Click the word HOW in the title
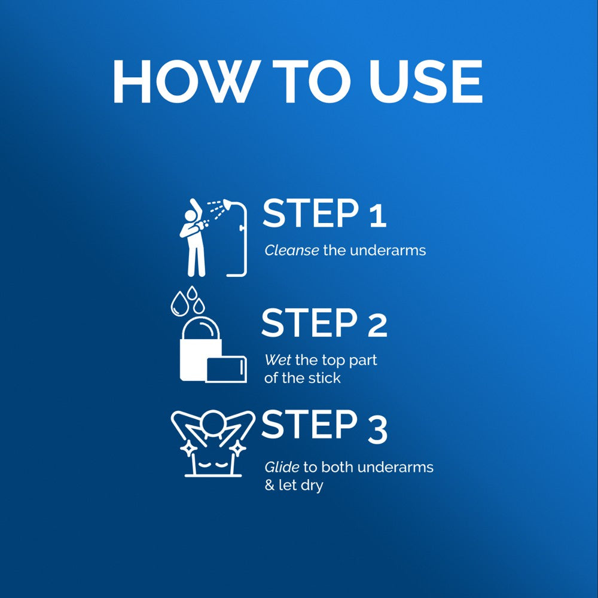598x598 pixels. [x=184, y=81]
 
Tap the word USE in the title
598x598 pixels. [x=425, y=81]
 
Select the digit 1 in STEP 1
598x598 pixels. [x=378, y=215]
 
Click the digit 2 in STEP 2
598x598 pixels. [x=377, y=324]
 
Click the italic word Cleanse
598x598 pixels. [x=292, y=251]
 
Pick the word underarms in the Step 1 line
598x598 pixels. [x=388, y=251]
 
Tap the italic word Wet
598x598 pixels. [x=277, y=359]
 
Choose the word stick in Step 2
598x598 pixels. [x=325, y=378]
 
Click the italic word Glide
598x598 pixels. [x=282, y=467]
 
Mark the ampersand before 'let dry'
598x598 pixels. [x=270, y=486]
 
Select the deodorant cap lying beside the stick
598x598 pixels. [x=226, y=369]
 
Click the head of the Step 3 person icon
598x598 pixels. [x=213, y=423]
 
